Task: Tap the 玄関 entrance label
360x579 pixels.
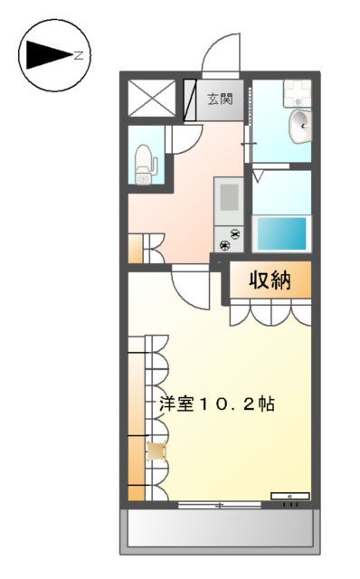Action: pos(219,99)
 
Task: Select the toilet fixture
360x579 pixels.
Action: pos(145,166)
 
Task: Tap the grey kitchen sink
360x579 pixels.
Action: pos(225,195)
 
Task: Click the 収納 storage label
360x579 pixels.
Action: pos(270,280)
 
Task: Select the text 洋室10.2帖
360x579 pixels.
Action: pos(215,403)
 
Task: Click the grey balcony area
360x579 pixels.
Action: pos(223,528)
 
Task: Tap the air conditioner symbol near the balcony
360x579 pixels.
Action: pos(290,497)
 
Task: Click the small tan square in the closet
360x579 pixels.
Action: pos(157,450)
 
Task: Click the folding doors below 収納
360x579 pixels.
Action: pos(270,313)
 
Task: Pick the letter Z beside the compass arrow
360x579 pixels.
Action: pos(79,55)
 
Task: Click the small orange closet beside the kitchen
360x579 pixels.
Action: pos(135,248)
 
